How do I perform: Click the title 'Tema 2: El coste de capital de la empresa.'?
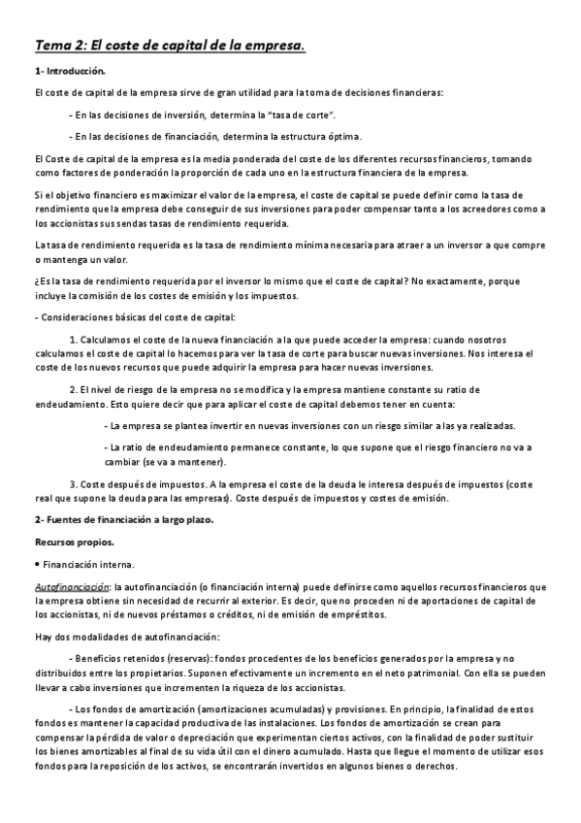[x=170, y=45]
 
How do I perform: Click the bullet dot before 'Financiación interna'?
[x=37, y=563]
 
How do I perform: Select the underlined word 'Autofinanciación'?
[x=71, y=586]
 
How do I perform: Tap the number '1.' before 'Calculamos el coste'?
[x=75, y=339]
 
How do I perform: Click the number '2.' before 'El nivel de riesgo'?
[x=75, y=388]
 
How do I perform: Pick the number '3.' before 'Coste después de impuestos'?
[x=75, y=484]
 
